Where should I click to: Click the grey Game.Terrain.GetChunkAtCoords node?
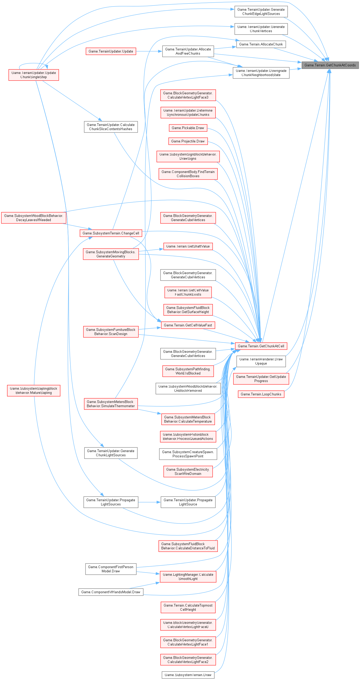330,65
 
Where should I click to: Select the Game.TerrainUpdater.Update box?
111,51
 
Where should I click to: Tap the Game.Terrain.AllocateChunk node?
261,44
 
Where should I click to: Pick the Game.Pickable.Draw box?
188,128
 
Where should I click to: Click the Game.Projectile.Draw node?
188,141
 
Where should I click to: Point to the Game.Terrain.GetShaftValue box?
188,246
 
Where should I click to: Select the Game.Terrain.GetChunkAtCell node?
261,346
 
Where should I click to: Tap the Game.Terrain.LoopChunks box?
261,394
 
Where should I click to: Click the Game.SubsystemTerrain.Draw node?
188,675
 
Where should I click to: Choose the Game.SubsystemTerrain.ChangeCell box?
111,233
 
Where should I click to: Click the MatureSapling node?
33,390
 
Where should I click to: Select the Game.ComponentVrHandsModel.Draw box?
111,592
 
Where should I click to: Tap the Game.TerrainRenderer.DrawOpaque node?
261,361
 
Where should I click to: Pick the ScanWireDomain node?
188,471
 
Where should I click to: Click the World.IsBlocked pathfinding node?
188,371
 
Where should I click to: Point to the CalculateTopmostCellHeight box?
188,607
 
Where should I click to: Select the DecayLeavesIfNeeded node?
33,218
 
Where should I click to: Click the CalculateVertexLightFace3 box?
188,95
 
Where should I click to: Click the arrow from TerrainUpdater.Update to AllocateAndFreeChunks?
149,51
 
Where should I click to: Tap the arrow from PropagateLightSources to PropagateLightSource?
149,502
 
